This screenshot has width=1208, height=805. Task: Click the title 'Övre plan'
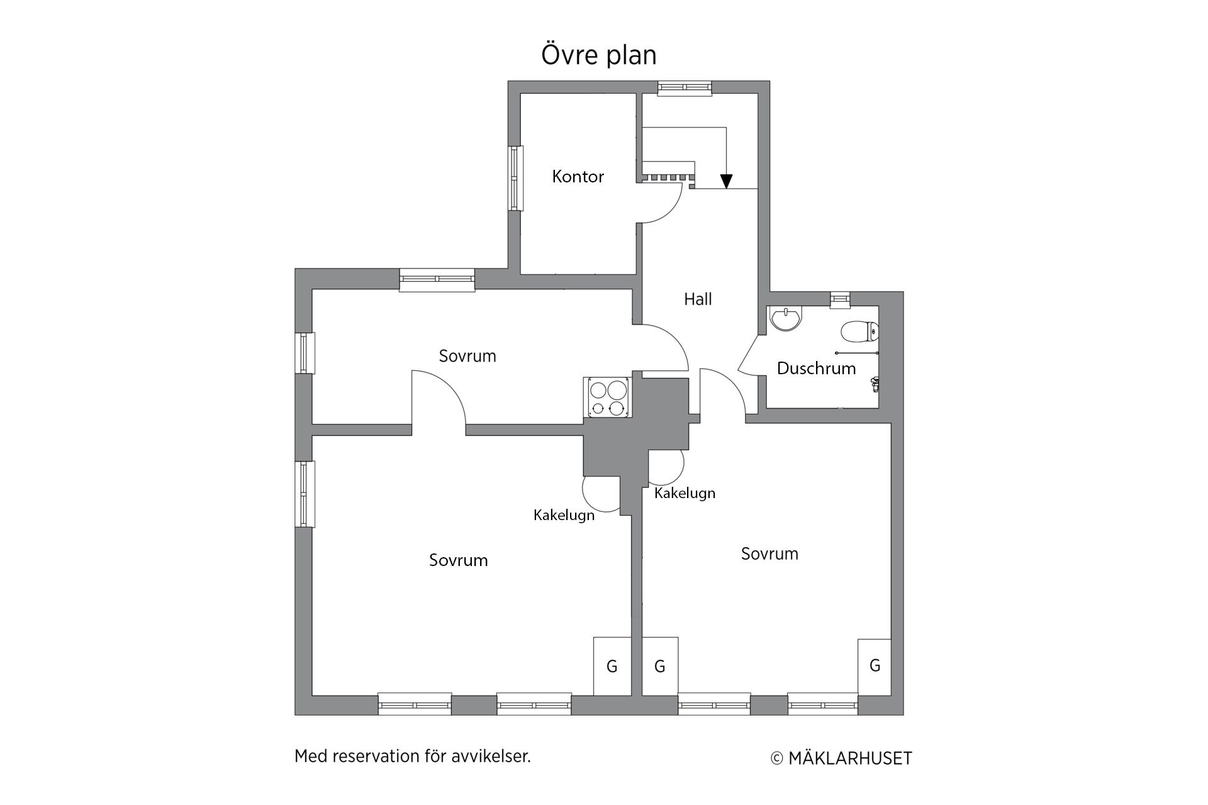pyautogui.click(x=599, y=55)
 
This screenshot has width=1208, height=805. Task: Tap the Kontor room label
pyautogui.click(x=578, y=177)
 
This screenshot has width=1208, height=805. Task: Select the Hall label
pyautogui.click(x=698, y=299)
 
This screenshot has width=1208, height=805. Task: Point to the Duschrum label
pyautogui.click(x=816, y=369)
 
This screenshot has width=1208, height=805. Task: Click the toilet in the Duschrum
pyautogui.click(x=859, y=331)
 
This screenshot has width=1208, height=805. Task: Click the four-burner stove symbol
pyautogui.click(x=607, y=397)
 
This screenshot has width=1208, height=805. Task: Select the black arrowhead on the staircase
pyautogui.click(x=727, y=181)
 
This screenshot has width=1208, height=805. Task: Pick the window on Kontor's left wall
pyautogui.click(x=516, y=178)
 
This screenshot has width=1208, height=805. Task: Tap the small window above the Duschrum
pyautogui.click(x=840, y=300)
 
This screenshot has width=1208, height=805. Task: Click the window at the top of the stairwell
pyautogui.click(x=685, y=88)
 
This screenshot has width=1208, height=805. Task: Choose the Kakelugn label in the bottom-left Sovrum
pyautogui.click(x=564, y=516)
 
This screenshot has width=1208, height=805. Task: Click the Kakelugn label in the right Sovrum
pyautogui.click(x=685, y=494)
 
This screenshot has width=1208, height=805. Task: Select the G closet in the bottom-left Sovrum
pyautogui.click(x=612, y=667)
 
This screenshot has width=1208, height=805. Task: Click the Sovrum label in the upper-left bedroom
pyautogui.click(x=467, y=356)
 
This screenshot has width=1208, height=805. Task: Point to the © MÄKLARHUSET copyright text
pyautogui.click(x=841, y=758)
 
